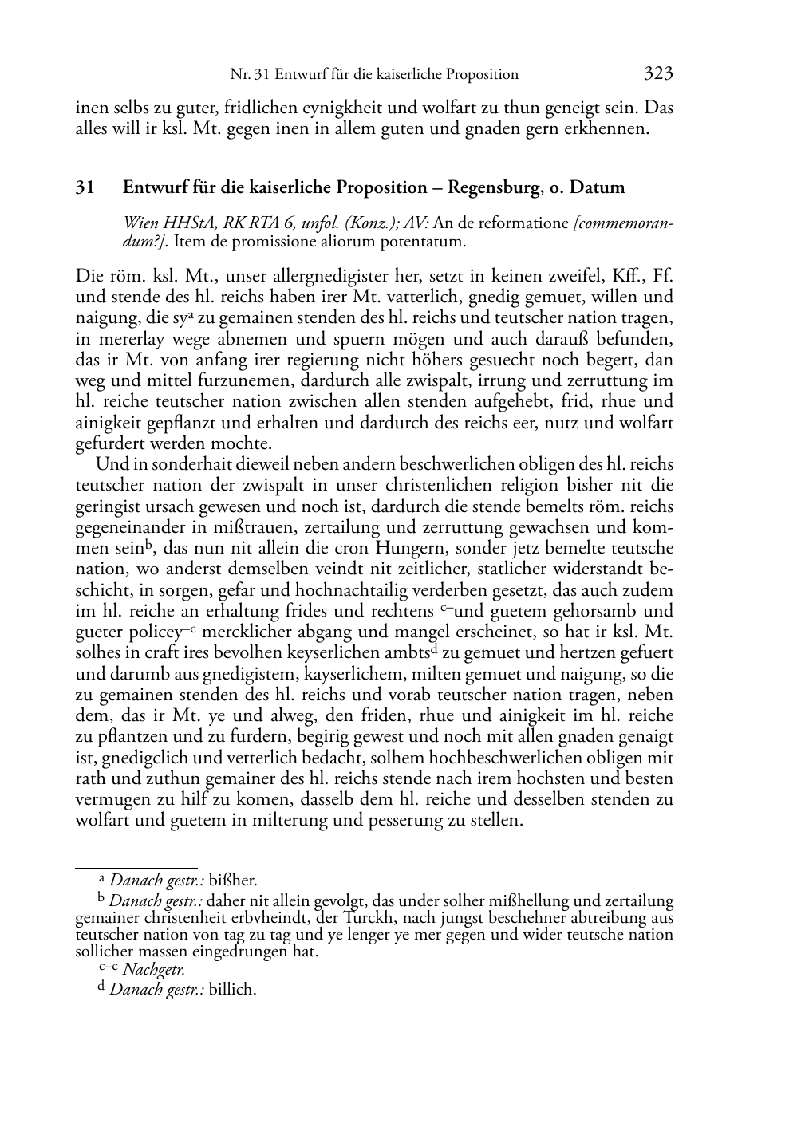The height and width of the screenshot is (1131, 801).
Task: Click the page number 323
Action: click(658, 74)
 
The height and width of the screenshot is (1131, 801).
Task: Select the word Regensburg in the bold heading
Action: click(491, 188)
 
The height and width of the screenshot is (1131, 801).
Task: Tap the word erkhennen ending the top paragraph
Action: click(602, 128)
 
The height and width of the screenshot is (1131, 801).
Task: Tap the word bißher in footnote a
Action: click(233, 881)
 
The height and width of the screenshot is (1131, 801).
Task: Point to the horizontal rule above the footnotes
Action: click(136, 866)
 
